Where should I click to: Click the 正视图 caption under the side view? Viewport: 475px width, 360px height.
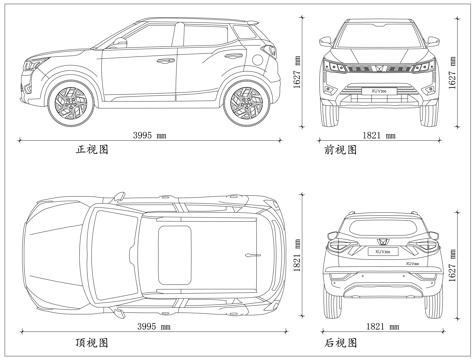click(92, 150)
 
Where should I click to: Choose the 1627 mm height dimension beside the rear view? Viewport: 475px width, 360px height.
click(453, 266)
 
